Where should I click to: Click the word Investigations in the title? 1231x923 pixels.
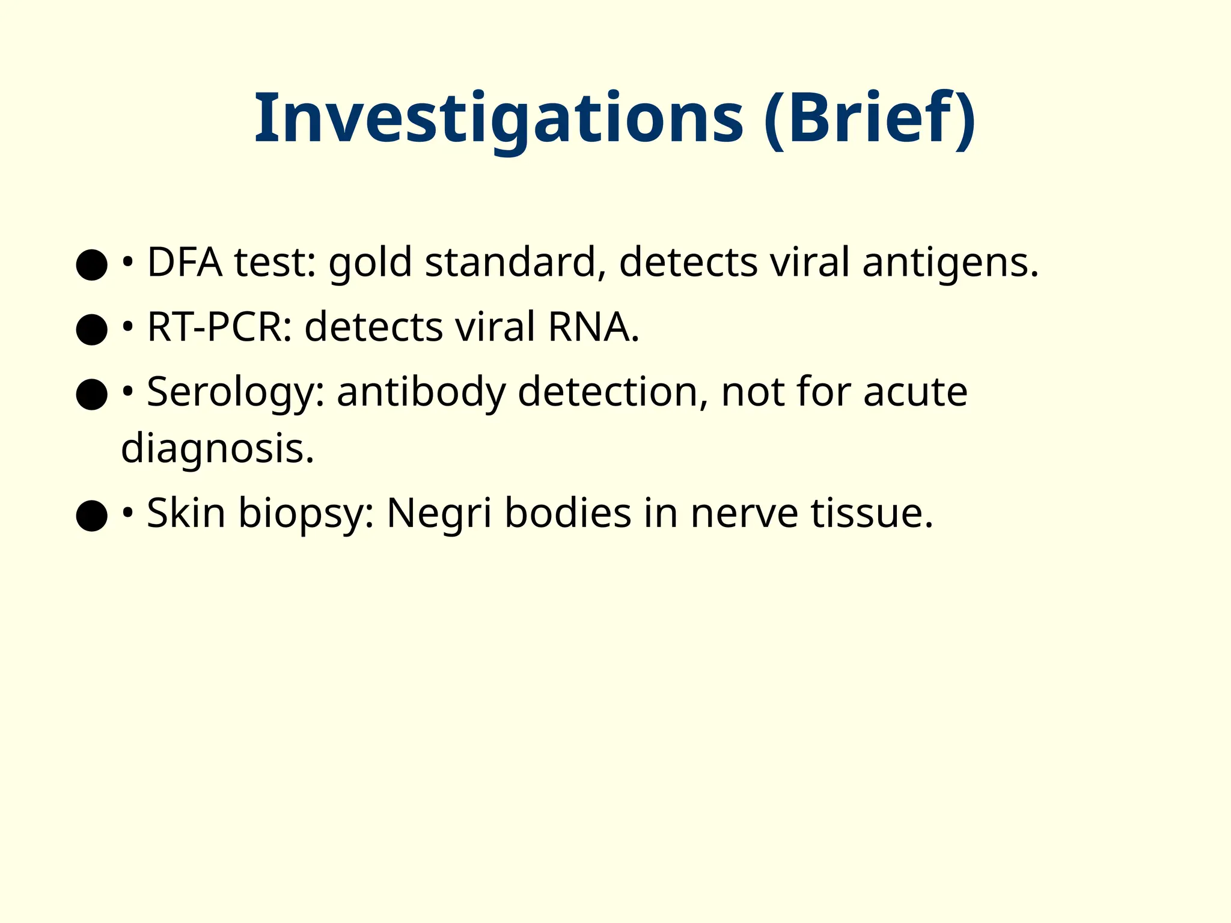pyautogui.click(x=499, y=118)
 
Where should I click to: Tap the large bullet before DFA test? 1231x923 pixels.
pyautogui.click(x=91, y=264)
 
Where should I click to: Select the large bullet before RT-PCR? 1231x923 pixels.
pyautogui.click(x=91, y=329)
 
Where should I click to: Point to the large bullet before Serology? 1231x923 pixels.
pyautogui.click(x=91, y=394)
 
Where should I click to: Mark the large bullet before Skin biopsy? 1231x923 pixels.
pyautogui.click(x=91, y=516)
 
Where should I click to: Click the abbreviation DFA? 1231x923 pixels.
pyautogui.click(x=185, y=263)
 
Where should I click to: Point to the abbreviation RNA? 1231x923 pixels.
pyautogui.click(x=593, y=328)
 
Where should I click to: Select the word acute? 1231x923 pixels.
pyautogui.click(x=915, y=392)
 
